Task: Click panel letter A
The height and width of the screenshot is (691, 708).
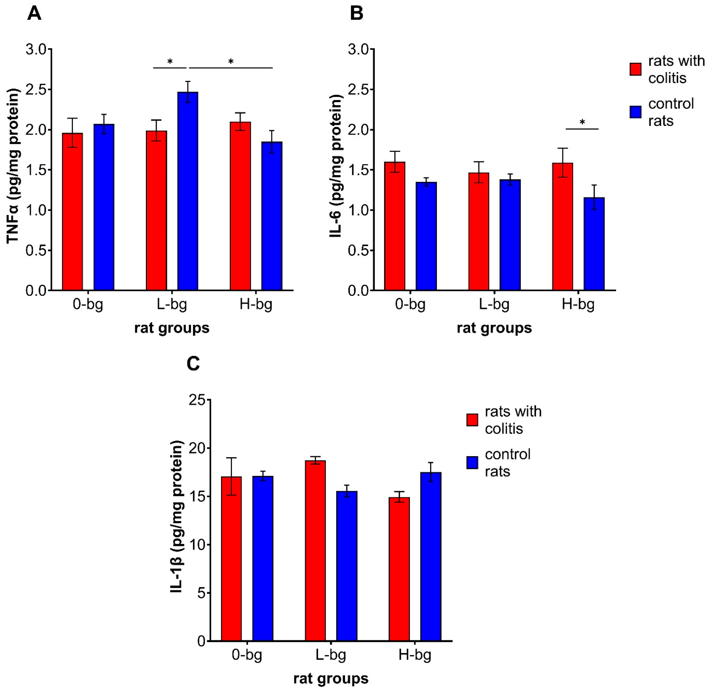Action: pyautogui.click(x=34, y=14)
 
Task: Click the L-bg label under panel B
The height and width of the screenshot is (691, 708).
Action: pyautogui.click(x=494, y=304)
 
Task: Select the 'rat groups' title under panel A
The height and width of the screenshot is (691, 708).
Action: pyautogui.click(x=172, y=328)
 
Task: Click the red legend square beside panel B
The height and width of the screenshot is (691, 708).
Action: pyautogui.click(x=636, y=69)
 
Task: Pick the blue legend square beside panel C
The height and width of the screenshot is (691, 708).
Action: pyautogui.click(x=472, y=463)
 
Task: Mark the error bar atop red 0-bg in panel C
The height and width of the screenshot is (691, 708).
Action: pyautogui.click(x=231, y=476)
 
